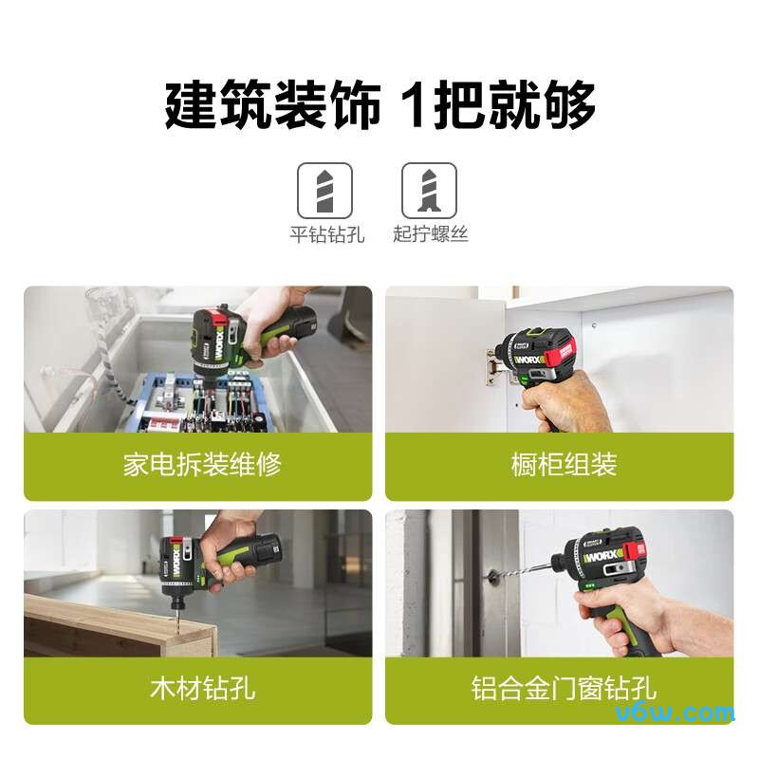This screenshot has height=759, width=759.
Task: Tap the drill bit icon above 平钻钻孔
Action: pos(325,190)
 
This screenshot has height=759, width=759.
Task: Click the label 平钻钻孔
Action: pos(326,234)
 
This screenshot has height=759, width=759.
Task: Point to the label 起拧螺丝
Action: pos(430,234)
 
